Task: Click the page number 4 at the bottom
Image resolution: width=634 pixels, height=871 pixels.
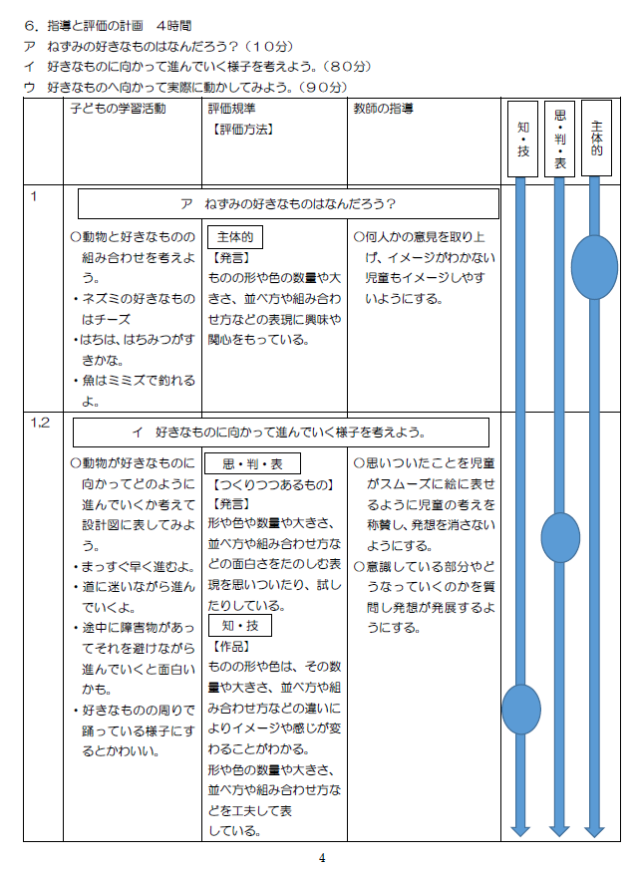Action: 322,858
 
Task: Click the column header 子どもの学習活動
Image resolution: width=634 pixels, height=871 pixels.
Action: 119,109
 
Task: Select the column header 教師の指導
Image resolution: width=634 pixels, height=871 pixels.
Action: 384,109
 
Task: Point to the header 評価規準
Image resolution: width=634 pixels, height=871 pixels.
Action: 231,109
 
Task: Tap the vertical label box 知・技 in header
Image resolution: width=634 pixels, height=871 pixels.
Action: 523,140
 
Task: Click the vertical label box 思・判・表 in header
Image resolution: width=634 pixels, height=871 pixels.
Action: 559,139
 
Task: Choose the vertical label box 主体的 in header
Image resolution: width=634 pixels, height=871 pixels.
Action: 596,138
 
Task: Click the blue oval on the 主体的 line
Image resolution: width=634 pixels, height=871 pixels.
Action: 594,267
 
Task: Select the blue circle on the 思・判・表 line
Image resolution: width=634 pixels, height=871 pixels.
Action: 560,537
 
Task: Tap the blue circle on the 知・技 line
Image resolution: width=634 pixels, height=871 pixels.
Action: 521,710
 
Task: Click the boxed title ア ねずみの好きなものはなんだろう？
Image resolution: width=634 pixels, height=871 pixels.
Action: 288,204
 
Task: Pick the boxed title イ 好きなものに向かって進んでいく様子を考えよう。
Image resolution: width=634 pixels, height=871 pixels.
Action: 281,433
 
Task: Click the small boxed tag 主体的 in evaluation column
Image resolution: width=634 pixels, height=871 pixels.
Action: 235,237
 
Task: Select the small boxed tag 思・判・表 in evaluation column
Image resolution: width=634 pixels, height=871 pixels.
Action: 253,463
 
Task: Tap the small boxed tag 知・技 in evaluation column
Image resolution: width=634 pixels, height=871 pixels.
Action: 240,626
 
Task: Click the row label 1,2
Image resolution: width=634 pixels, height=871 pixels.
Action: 40,423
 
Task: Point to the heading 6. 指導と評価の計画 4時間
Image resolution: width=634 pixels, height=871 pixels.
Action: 109,26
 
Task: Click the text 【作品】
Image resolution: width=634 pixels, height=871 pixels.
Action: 231,647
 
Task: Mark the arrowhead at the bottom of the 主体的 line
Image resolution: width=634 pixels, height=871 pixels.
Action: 594,830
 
